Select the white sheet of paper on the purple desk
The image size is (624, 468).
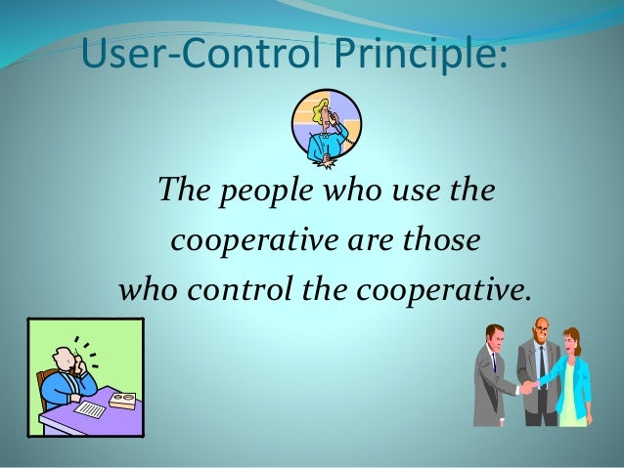click(89, 408)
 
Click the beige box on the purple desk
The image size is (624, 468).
click(121, 401)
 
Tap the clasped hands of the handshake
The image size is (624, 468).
click(528, 387)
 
